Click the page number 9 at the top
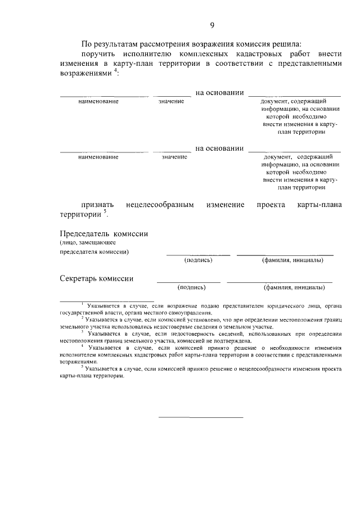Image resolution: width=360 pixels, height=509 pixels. click(212, 25)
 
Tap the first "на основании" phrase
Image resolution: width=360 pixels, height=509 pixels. click(219, 92)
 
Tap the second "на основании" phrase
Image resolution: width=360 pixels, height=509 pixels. click(219, 148)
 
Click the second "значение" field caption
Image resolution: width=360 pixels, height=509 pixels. click(174, 157)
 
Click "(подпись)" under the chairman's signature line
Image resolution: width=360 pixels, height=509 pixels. click(198, 260)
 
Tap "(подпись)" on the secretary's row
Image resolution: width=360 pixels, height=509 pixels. click(191, 287)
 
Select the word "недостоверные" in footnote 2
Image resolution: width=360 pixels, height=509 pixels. click(169, 326)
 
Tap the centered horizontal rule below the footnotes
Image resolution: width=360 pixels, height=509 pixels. click(200, 417)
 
